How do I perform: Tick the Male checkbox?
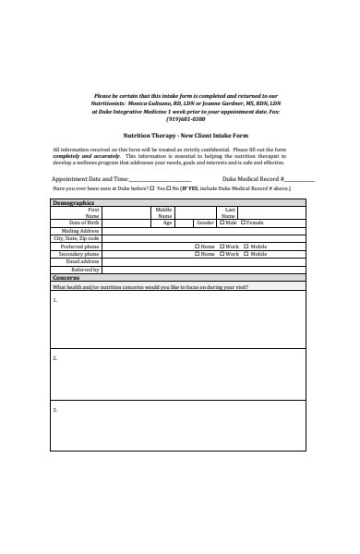pyautogui.click(x=222, y=223)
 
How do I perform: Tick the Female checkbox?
pyautogui.click(x=243, y=223)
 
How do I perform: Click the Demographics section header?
pyautogui.click(x=74, y=202)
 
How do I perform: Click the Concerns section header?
pyautogui.click(x=66, y=277)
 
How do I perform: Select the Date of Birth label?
pyautogui.click(x=84, y=223)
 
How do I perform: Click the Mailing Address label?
pyautogui.click(x=80, y=231)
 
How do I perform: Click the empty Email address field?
pyautogui.click(x=203, y=261)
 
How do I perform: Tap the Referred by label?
pyautogui.click(x=85, y=270)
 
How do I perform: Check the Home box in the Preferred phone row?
pyautogui.click(x=197, y=247)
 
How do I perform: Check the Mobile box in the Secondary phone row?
pyautogui.click(x=246, y=254)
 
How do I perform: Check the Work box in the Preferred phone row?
pyautogui.click(x=222, y=247)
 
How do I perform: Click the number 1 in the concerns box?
pyautogui.click(x=54, y=300)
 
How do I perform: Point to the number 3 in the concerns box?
pyautogui.click(x=54, y=409)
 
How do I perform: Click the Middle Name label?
pyautogui.click(x=164, y=212)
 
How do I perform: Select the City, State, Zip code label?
pyautogui.click(x=77, y=238)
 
